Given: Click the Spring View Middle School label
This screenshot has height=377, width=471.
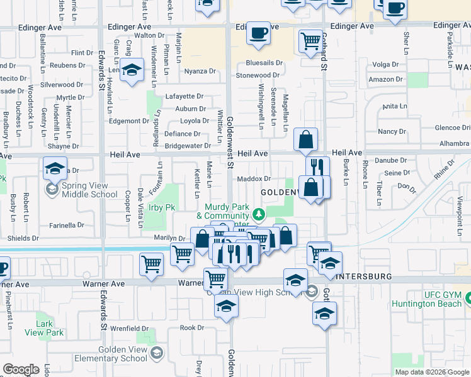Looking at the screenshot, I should [89, 190].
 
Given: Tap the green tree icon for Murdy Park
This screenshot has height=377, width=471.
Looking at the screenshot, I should [258, 216].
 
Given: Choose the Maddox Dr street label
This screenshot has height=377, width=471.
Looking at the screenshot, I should [254, 179].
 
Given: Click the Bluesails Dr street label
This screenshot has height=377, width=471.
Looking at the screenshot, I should [264, 63].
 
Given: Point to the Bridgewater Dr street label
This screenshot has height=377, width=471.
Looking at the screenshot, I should [188, 146].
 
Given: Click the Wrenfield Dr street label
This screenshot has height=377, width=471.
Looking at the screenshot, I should [129, 328].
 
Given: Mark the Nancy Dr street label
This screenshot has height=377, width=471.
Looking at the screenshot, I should [392, 131].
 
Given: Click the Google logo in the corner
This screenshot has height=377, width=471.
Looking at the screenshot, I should [21, 369].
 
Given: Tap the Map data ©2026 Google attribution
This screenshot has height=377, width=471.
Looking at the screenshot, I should [432, 372].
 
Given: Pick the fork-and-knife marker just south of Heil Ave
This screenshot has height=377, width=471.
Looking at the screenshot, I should [318, 167].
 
